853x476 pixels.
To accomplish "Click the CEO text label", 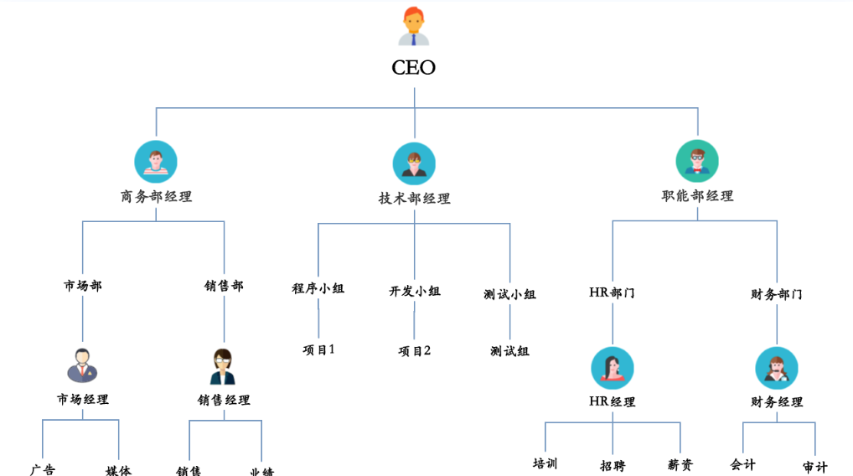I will (x=414, y=68).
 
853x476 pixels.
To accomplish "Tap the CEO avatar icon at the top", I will (x=413, y=26).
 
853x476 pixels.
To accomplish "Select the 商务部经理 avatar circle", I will (x=156, y=162).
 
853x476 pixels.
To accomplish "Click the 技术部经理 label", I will (x=414, y=199).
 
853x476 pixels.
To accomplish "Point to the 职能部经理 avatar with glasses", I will (x=697, y=161).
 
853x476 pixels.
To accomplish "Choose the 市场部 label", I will (x=83, y=286).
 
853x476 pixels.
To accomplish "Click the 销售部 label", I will (x=224, y=286).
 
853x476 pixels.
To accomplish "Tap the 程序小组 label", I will (x=318, y=288).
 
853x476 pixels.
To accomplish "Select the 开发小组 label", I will (x=414, y=291).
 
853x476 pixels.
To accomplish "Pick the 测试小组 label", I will (x=509, y=294).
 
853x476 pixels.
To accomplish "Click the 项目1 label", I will (x=318, y=349).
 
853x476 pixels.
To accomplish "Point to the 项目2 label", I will (x=414, y=350).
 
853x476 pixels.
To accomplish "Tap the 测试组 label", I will (x=509, y=351).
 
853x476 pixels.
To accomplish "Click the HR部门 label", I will (x=612, y=292).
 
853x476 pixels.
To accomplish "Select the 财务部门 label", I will (x=776, y=294).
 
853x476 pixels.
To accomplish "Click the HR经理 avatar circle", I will (x=612, y=368).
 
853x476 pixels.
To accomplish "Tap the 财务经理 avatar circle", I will (x=776, y=368).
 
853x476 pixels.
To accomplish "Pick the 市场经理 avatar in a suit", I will (x=82, y=365).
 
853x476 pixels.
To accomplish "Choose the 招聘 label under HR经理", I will (x=612, y=465).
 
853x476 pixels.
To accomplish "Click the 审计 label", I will (x=814, y=467).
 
